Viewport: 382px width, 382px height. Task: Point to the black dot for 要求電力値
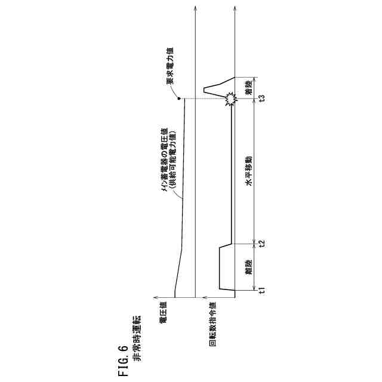coord(179,98)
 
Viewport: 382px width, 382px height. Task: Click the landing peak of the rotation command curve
coord(205,90)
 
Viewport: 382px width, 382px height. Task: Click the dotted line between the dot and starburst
coord(203,98)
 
